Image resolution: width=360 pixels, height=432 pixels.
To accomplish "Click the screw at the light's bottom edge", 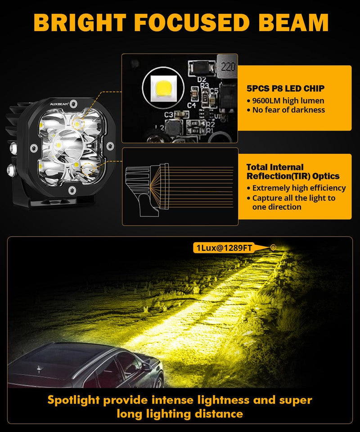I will (x=72, y=190).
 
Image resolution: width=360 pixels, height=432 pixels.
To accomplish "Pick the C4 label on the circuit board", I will (x=191, y=105).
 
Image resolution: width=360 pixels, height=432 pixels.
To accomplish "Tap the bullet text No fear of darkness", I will (x=288, y=110).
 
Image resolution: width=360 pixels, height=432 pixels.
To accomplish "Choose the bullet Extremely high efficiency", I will (x=299, y=188).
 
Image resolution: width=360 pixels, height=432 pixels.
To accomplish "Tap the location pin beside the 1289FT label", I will (x=273, y=247).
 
